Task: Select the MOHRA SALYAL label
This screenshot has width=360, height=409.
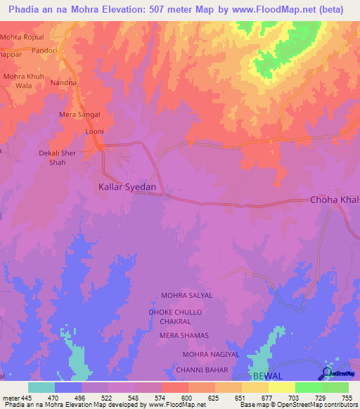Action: (x=186, y=296)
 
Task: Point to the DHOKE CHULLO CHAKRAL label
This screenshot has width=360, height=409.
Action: (x=175, y=316)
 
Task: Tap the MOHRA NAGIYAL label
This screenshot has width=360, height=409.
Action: (x=211, y=355)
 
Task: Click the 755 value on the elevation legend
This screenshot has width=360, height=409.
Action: (x=347, y=397)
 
